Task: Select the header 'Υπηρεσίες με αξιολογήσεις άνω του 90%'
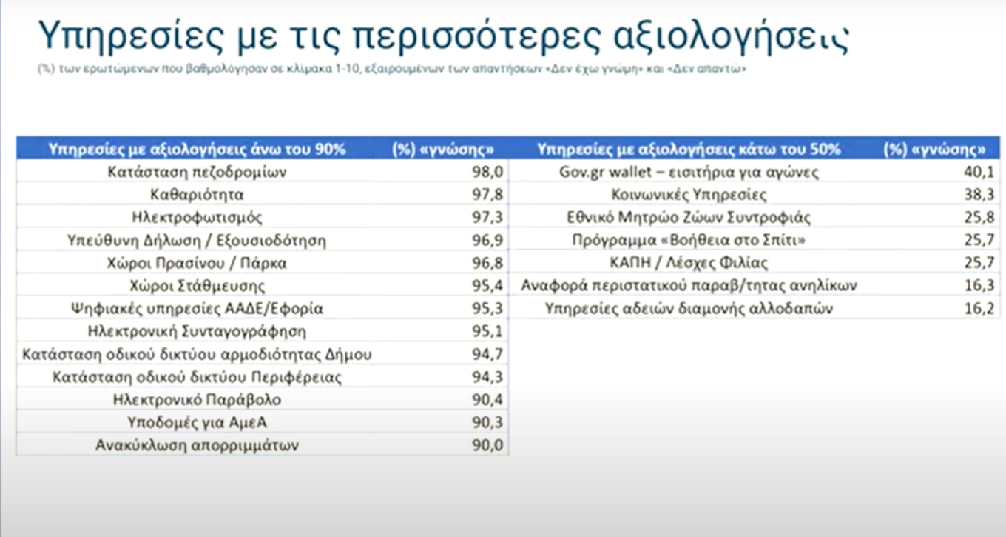(x=198, y=150)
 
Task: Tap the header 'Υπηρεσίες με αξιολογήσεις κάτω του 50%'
(x=689, y=150)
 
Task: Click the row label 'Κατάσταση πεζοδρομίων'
(x=197, y=173)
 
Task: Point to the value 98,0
(x=487, y=173)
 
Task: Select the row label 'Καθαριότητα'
(x=196, y=195)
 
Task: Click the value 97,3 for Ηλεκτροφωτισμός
(x=487, y=218)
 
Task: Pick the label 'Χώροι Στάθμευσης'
(x=197, y=286)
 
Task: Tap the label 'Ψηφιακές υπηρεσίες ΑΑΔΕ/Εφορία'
(x=197, y=308)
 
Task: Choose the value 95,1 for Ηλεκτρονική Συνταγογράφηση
(x=487, y=331)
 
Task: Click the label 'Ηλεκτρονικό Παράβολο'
(x=197, y=400)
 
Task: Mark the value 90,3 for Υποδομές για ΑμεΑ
(x=487, y=422)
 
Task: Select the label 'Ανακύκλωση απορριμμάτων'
(x=197, y=445)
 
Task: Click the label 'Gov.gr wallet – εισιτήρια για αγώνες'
(x=689, y=173)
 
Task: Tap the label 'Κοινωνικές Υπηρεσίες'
(x=689, y=195)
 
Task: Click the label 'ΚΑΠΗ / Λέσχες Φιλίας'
(x=689, y=263)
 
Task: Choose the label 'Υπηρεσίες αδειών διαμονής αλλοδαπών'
(x=689, y=308)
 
